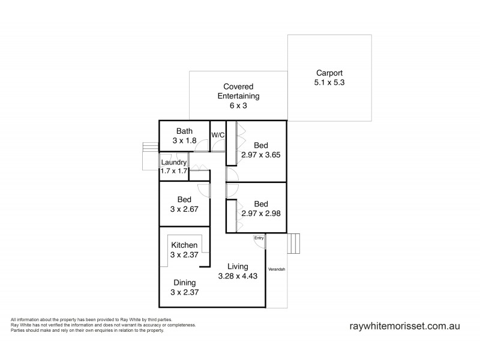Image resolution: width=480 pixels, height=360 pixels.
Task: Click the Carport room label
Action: pyautogui.click(x=329, y=72)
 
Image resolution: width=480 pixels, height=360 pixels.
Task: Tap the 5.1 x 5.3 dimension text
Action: pyautogui.click(x=329, y=82)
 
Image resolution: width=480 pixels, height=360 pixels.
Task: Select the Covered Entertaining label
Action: pyautogui.click(x=238, y=91)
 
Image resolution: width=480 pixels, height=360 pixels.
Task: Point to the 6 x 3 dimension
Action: pyautogui.click(x=238, y=105)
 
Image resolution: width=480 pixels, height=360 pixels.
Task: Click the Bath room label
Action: pyautogui.click(x=184, y=131)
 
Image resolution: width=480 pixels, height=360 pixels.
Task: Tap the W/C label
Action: pyautogui.click(x=217, y=135)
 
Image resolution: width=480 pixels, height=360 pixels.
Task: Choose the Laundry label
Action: pyautogui.click(x=173, y=162)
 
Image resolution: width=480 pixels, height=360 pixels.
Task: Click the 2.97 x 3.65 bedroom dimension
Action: pyautogui.click(x=261, y=154)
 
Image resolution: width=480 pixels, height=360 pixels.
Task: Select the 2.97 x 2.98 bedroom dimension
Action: pyautogui.click(x=261, y=213)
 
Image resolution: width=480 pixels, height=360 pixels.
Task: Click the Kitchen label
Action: pyautogui.click(x=184, y=245)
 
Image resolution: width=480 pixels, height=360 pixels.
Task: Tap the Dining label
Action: pyautogui.click(x=184, y=282)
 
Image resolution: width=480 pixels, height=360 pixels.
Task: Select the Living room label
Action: pyautogui.click(x=238, y=266)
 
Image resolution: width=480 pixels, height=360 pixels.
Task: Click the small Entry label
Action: pyautogui.click(x=259, y=238)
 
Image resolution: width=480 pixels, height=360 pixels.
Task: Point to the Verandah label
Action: pyautogui.click(x=276, y=268)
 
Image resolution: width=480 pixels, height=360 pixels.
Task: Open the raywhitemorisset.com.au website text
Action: pyautogui.click(x=404, y=326)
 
